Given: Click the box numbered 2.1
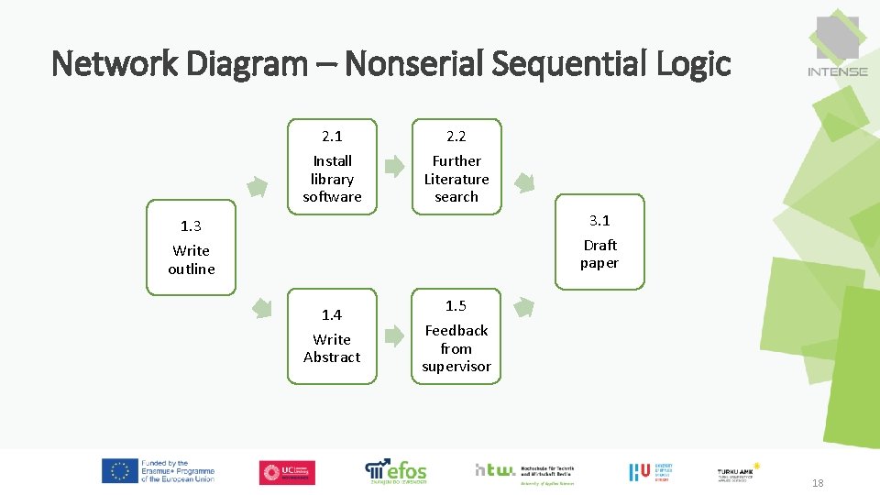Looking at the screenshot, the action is point(332,167).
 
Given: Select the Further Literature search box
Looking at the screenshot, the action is point(456,167).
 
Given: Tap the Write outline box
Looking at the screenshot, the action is point(192,247).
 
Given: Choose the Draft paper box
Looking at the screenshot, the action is point(599,242).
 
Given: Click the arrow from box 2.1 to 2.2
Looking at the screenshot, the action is point(394,167).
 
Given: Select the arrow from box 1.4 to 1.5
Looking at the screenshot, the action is point(394,335).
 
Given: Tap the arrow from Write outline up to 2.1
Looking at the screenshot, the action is point(258,187).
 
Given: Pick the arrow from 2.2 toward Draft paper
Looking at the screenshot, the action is point(524,181).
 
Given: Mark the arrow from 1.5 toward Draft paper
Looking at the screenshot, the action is point(523,307).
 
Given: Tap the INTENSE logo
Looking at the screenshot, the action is point(838,46).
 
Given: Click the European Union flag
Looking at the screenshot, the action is point(119,471).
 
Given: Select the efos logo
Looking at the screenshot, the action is point(396,471).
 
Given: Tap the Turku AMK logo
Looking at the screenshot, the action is point(739,472).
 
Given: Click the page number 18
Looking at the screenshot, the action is point(817,483).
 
